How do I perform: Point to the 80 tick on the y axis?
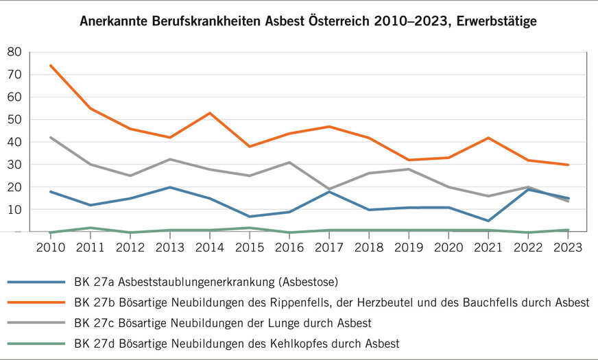tap(14, 52)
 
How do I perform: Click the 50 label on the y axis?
tap(14, 120)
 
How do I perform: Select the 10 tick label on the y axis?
tap(14, 210)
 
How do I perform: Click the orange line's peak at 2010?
tap(50, 66)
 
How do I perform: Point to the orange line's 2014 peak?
tap(210, 113)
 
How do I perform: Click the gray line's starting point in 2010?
tap(50, 137)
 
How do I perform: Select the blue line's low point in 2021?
tap(488, 221)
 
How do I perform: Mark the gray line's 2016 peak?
tap(289, 163)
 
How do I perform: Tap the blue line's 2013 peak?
tap(170, 187)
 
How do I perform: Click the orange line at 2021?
tap(488, 138)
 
